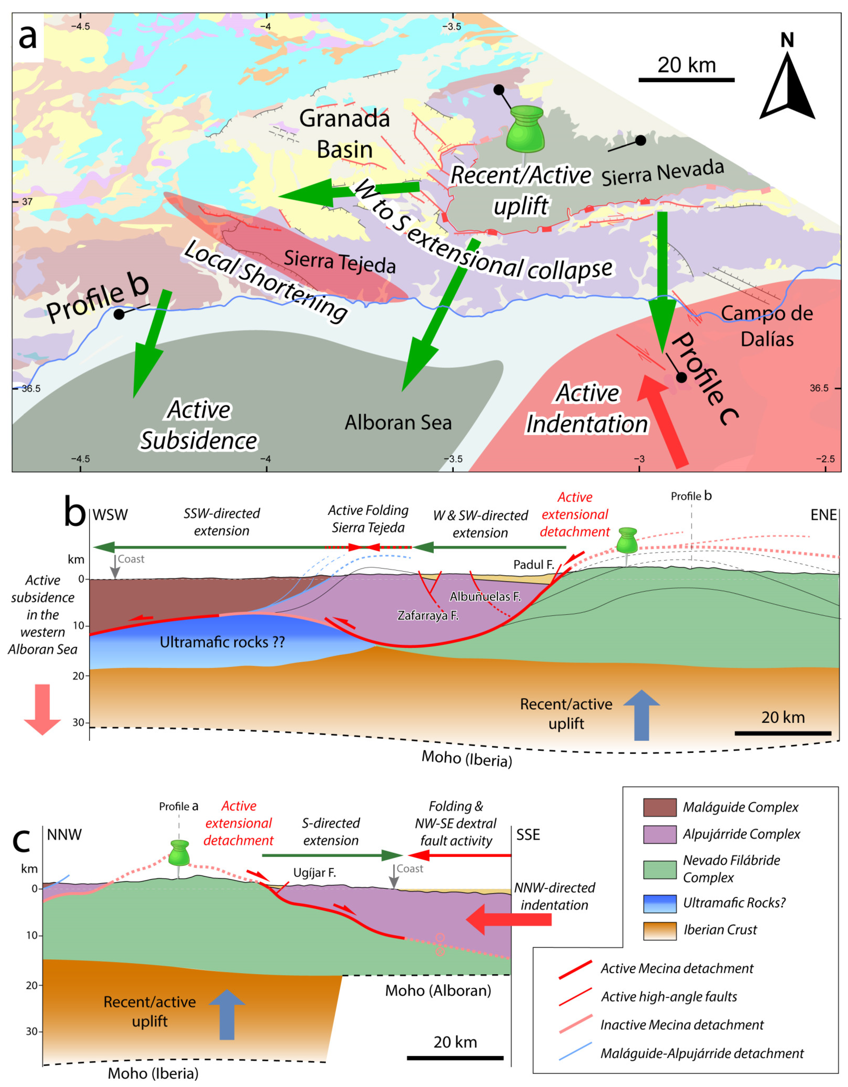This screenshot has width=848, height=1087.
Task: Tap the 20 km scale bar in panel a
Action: [x=686, y=80]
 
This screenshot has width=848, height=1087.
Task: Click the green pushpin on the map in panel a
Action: [x=524, y=129]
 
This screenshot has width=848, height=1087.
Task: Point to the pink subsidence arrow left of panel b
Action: [x=42, y=709]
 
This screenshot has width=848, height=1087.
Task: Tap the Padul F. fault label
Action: [x=534, y=564]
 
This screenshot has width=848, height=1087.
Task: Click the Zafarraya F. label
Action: [x=428, y=616]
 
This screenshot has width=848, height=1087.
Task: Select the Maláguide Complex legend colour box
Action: [x=659, y=807]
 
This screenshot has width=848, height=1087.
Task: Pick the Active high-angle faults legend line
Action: [x=575, y=996]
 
